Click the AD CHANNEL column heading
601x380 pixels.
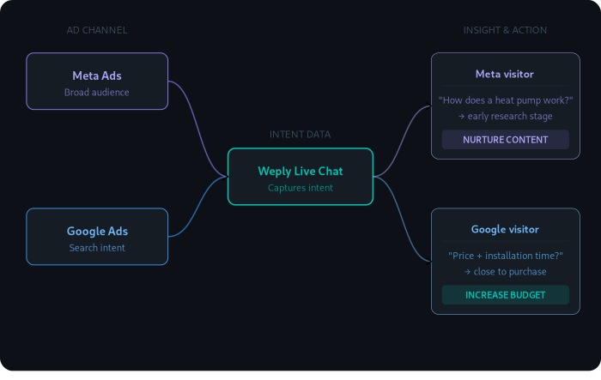tap(97, 30)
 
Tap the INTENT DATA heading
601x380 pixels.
tap(300, 134)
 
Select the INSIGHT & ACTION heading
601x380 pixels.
tap(505, 30)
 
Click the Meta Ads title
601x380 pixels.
tap(97, 75)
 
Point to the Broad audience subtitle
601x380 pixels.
tap(97, 93)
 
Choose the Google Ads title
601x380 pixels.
tap(97, 231)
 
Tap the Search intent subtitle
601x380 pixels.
tap(97, 248)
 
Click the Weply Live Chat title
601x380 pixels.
tap(300, 171)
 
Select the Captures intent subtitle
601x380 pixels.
tap(300, 188)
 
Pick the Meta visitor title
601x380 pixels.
tap(505, 74)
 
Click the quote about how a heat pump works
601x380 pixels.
tap(505, 100)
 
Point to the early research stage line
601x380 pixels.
tap(505, 116)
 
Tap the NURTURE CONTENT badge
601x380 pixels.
tap(505, 140)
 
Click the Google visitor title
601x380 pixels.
tap(505, 229)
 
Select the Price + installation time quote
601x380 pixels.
tap(505, 256)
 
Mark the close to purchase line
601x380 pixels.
tap(505, 271)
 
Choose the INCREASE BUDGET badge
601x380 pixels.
tap(505, 295)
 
